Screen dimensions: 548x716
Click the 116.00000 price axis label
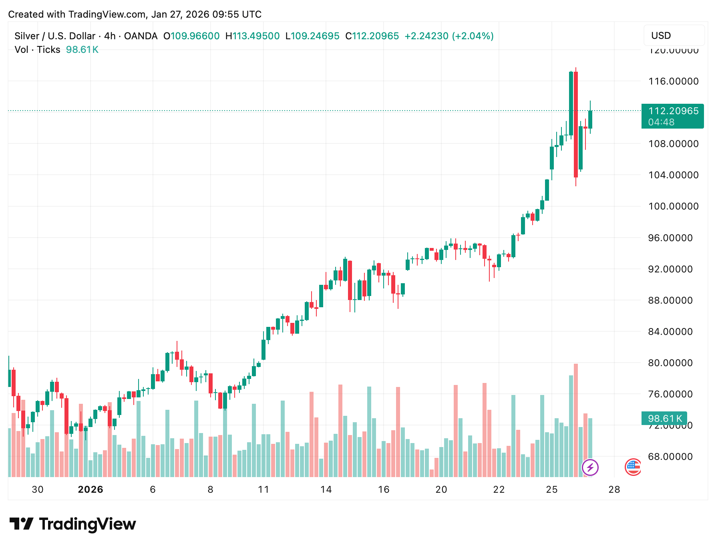(673, 81)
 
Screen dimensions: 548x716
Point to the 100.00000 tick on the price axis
(673, 206)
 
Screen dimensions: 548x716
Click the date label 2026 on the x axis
(91, 490)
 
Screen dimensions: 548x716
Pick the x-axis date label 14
(326, 490)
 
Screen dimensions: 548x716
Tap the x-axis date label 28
(614, 490)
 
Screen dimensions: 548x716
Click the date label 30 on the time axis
(38, 490)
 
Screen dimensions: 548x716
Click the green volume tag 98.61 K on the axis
(664, 419)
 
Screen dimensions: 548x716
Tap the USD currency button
(661, 36)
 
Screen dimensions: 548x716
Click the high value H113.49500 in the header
(252, 36)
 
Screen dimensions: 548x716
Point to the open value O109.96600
(191, 36)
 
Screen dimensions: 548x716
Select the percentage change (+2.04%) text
(473, 36)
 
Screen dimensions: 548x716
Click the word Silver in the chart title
(26, 36)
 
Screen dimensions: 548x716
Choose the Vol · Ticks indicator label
(37, 50)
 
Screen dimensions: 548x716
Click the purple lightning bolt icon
(590, 467)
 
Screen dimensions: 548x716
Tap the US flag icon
(633, 467)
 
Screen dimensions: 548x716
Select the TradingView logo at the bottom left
(72, 524)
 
